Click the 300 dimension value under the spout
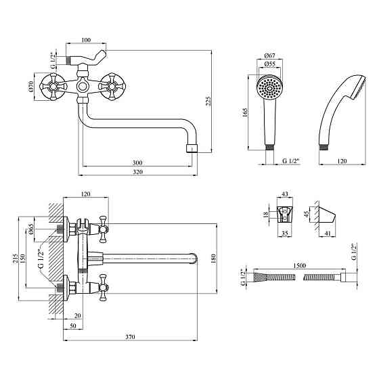tap(137, 162)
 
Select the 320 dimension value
tap(138, 172)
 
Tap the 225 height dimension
tap(208, 101)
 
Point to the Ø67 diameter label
tap(270, 55)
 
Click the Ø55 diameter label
tap(270, 64)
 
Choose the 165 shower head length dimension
tap(245, 112)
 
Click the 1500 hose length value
tap(300, 265)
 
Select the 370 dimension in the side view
tap(130, 337)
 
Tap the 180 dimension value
tap(213, 259)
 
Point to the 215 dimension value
tap(15, 259)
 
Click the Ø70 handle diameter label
tap(30, 87)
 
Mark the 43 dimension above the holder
tap(285, 194)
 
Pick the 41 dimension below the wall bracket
tap(327, 233)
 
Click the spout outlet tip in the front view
tap(192, 148)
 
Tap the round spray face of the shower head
tap(270, 87)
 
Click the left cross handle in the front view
tap(53, 86)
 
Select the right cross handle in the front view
tap(112, 87)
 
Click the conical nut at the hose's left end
tap(260, 277)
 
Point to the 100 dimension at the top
tap(86, 40)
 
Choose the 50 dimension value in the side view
tap(73, 326)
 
